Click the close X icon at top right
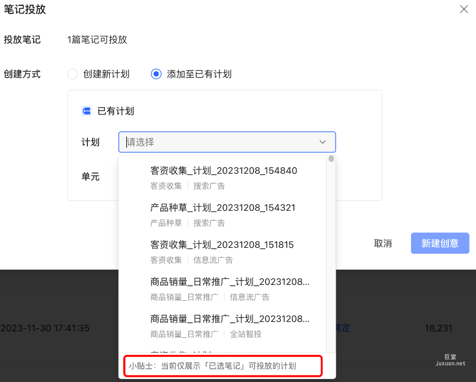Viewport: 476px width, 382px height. click(464, 9)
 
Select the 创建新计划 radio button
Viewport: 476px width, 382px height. click(73, 74)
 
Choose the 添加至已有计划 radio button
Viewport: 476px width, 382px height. click(156, 74)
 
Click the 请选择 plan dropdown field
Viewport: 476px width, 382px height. click(218, 142)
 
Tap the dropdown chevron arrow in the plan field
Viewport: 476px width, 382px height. click(323, 142)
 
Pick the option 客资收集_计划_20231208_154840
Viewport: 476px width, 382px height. click(224, 171)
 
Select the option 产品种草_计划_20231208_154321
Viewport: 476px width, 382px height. click(222, 208)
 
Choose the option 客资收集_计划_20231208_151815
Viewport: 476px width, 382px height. click(222, 244)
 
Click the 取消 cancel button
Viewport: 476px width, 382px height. click(383, 243)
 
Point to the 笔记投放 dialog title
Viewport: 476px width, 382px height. click(25, 9)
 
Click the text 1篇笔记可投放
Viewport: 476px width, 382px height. click(97, 40)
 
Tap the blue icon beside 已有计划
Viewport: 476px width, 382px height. click(86, 111)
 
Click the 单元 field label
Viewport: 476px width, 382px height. click(90, 176)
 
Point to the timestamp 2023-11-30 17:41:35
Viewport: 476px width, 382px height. click(45, 328)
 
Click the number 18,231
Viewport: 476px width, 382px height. click(438, 328)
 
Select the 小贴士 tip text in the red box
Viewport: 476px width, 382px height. click(212, 366)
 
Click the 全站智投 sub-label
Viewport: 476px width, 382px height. click(245, 334)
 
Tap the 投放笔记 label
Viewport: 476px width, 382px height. click(22, 40)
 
